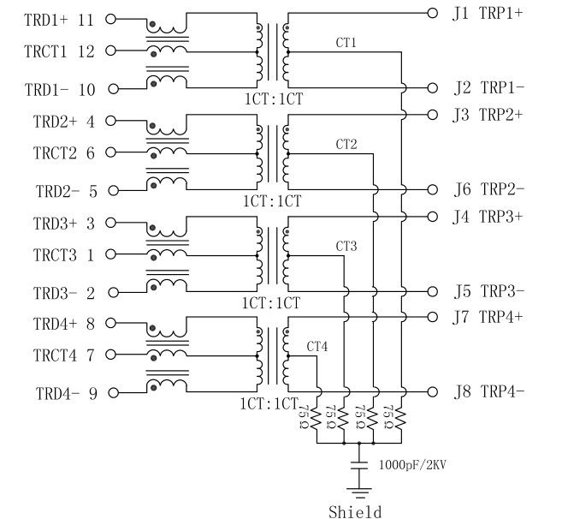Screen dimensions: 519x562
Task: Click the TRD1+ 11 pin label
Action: (x=59, y=19)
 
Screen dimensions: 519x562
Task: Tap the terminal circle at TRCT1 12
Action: (x=110, y=51)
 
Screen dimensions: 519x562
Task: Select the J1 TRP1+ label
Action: (x=488, y=13)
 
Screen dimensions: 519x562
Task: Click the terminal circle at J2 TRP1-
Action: (x=432, y=88)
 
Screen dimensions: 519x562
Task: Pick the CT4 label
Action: (x=317, y=347)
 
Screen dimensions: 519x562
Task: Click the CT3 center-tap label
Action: (x=346, y=246)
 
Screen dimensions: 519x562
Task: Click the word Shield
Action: (x=355, y=511)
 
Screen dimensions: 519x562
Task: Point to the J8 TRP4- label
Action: (x=488, y=393)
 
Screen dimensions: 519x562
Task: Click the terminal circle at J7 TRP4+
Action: (x=432, y=317)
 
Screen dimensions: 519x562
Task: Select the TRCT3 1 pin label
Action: (x=63, y=254)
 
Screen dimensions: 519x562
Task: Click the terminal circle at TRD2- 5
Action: (x=110, y=190)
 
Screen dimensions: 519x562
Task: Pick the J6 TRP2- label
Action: (x=488, y=189)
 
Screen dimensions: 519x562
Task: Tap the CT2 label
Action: (x=346, y=143)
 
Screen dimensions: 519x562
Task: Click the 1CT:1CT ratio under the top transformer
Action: (x=271, y=100)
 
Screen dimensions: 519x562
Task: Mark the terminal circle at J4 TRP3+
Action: (x=432, y=216)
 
